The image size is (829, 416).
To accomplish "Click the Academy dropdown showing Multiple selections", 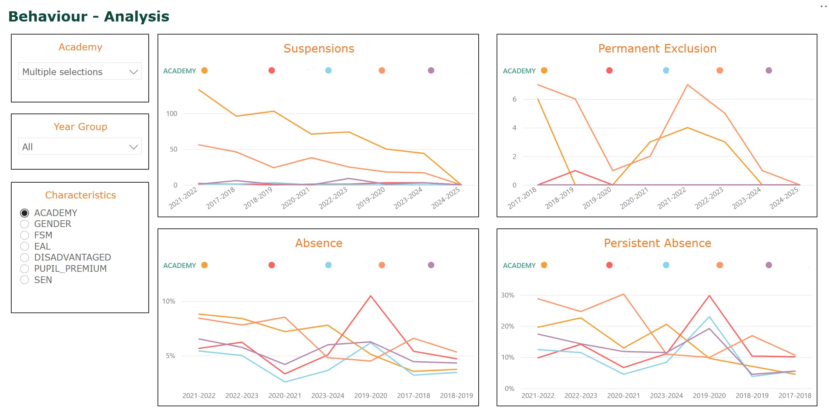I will pyautogui.click(x=80, y=72).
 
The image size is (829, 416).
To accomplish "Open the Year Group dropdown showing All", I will pyautogui.click(x=80, y=147).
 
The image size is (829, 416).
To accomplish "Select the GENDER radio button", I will pyautogui.click(x=25, y=224).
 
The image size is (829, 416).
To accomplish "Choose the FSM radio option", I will pyautogui.click(x=25, y=235).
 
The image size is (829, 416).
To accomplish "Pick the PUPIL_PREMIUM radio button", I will pyautogui.click(x=25, y=269).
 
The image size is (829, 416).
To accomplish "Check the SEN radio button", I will pyautogui.click(x=25, y=280).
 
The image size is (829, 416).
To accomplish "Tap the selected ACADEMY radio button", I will pyautogui.click(x=25, y=213).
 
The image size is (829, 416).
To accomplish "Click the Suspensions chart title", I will pyautogui.click(x=319, y=48).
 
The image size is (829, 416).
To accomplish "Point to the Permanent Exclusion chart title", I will pyautogui.click(x=657, y=48).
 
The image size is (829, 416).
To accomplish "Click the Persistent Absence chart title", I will pyautogui.click(x=657, y=243).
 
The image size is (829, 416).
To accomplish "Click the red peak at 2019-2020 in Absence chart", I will pyautogui.click(x=371, y=296).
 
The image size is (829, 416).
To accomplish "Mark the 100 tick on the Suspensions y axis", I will pyautogui.click(x=172, y=114).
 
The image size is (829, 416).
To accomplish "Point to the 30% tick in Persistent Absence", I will pyautogui.click(x=508, y=295).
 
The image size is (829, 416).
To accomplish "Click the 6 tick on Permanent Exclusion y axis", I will pyautogui.click(x=514, y=99).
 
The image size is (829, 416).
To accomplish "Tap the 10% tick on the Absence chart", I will pyautogui.click(x=168, y=301).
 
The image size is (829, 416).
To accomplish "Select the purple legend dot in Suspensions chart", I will pyautogui.click(x=431, y=71).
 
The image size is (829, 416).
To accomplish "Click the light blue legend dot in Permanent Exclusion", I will pyautogui.click(x=666, y=71).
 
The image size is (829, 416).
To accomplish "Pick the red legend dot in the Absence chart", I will pyautogui.click(x=271, y=265).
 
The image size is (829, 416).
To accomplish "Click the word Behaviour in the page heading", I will pyautogui.click(x=48, y=17).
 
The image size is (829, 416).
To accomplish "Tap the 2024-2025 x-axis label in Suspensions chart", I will pyautogui.click(x=446, y=198).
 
